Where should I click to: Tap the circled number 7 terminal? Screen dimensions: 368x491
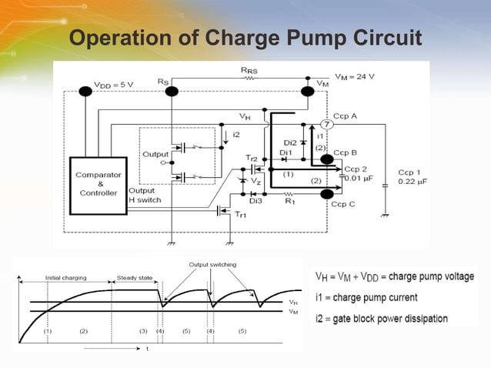[x=326, y=125]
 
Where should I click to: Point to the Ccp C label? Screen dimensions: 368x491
[x=342, y=204]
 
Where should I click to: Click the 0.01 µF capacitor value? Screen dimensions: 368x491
[x=361, y=179]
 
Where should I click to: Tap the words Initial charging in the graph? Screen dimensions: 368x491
[x=66, y=277]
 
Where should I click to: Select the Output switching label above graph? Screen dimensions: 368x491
[x=213, y=265]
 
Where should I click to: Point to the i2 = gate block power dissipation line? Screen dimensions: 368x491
[x=389, y=316]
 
